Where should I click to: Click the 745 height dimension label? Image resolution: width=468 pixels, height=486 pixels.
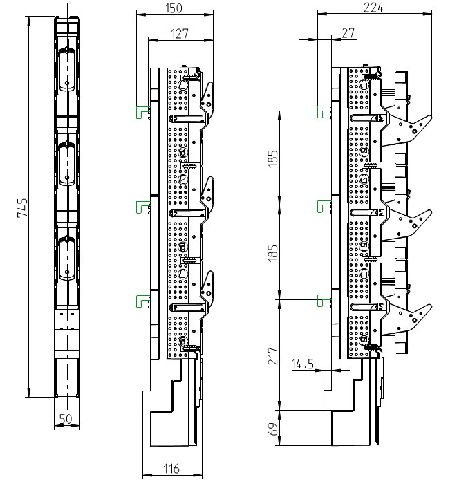22,207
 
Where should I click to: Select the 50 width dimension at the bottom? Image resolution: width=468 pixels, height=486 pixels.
66,419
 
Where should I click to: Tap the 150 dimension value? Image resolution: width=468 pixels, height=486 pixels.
174,8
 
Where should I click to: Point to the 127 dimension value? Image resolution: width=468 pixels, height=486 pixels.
180,33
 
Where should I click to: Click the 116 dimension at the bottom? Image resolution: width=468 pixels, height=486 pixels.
171,469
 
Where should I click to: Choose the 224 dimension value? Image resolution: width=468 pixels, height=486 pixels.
373,8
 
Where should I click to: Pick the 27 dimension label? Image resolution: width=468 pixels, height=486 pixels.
348,33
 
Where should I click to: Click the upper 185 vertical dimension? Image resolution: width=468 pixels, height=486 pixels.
273,159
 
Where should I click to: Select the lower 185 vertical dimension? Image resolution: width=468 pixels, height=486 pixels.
273,252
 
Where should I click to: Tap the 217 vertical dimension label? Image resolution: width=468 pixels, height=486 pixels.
273,356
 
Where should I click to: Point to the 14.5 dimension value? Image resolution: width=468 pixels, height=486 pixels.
302,364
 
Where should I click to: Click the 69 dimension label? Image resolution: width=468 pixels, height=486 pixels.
273,429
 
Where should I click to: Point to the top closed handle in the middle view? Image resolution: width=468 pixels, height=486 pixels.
207,101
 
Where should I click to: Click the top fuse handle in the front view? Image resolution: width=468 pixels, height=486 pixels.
67,69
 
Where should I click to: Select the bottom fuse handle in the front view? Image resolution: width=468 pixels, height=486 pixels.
67,258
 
